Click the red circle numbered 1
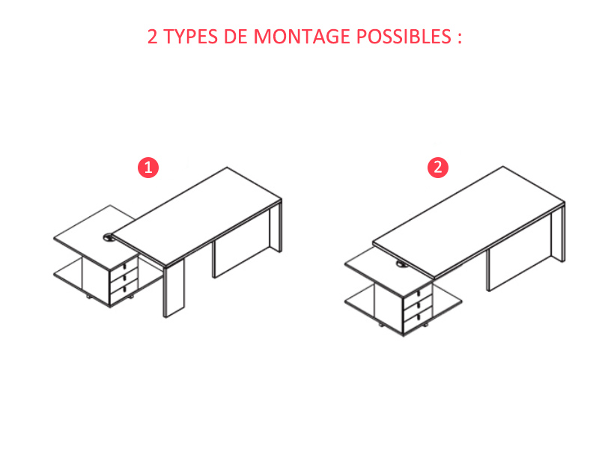[x=148, y=168]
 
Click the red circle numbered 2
[x=438, y=167]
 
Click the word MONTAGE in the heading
[x=302, y=37]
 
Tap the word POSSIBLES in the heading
[x=404, y=37]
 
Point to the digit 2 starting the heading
[x=153, y=37]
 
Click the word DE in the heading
[x=236, y=37]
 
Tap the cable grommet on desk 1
[x=109, y=237]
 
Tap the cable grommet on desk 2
[x=401, y=263]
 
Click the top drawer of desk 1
[x=124, y=266]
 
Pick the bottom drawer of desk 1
[x=124, y=291]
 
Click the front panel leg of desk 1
[x=174, y=287]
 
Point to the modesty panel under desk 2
[x=519, y=269]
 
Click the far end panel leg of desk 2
[x=558, y=233]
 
